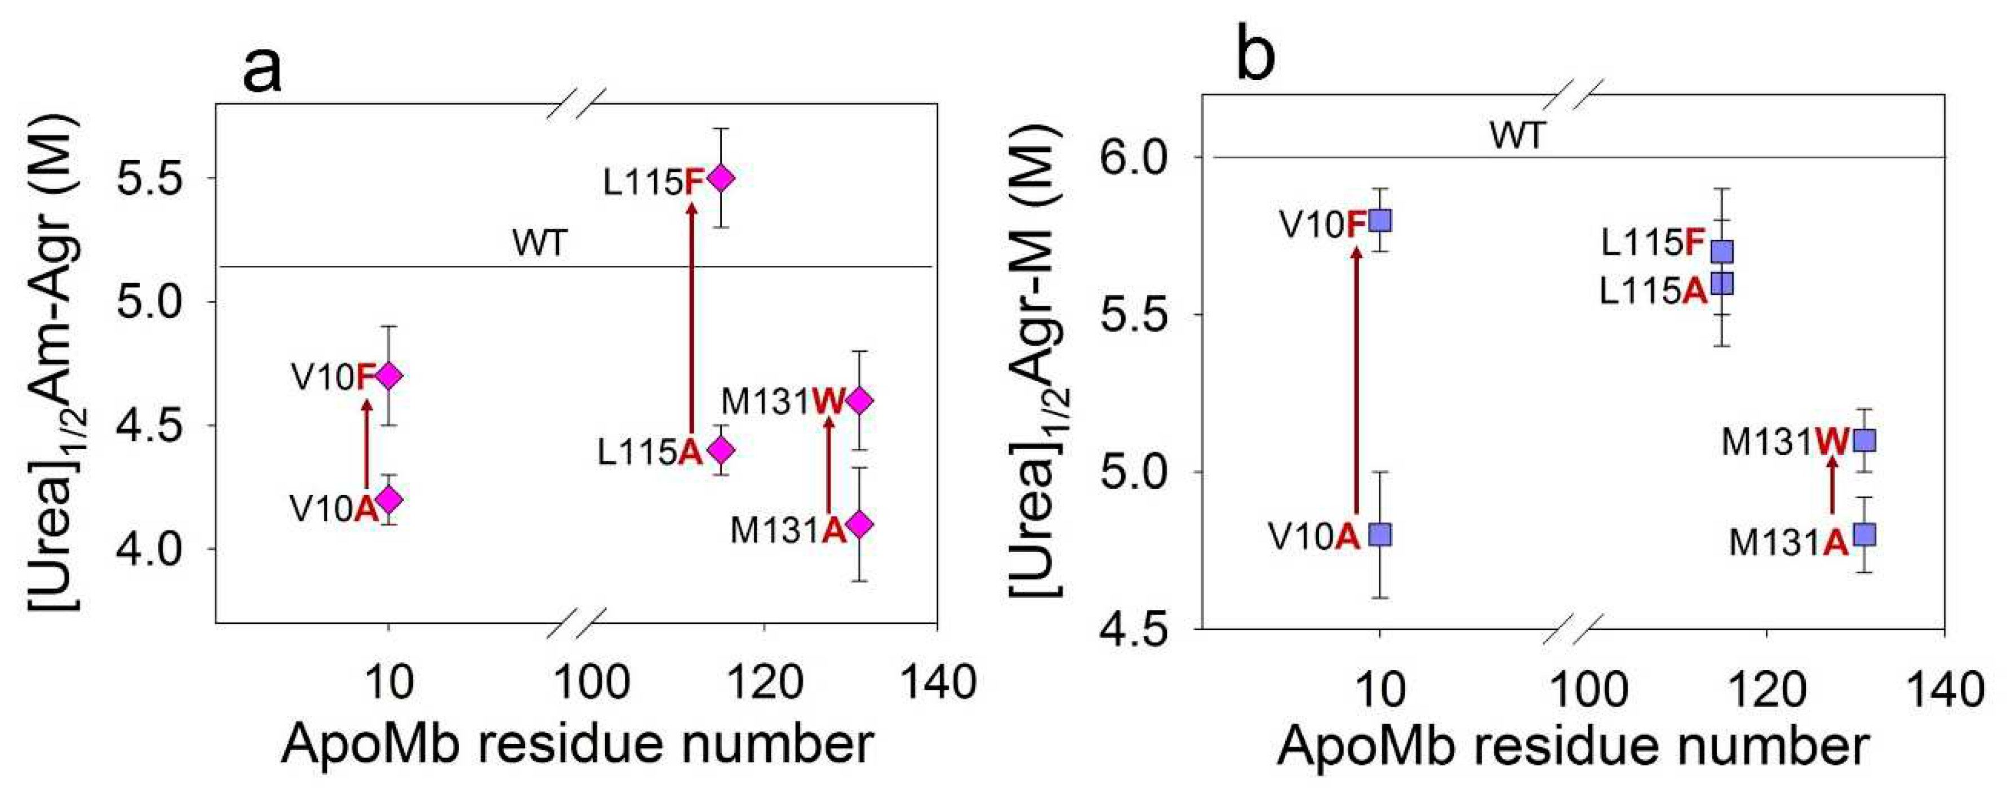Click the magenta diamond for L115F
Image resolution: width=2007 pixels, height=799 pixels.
pos(721,177)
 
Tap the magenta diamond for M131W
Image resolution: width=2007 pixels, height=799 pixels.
pos(859,400)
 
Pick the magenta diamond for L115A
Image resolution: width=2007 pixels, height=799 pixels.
pos(721,449)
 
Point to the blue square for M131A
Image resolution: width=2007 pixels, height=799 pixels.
pos(1864,534)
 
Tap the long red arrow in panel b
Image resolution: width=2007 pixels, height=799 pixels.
pos(1356,382)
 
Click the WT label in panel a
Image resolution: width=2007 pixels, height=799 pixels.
pos(539,243)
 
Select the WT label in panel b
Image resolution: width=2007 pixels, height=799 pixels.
pos(1516,136)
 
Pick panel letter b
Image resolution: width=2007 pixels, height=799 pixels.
pos(1256,56)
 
